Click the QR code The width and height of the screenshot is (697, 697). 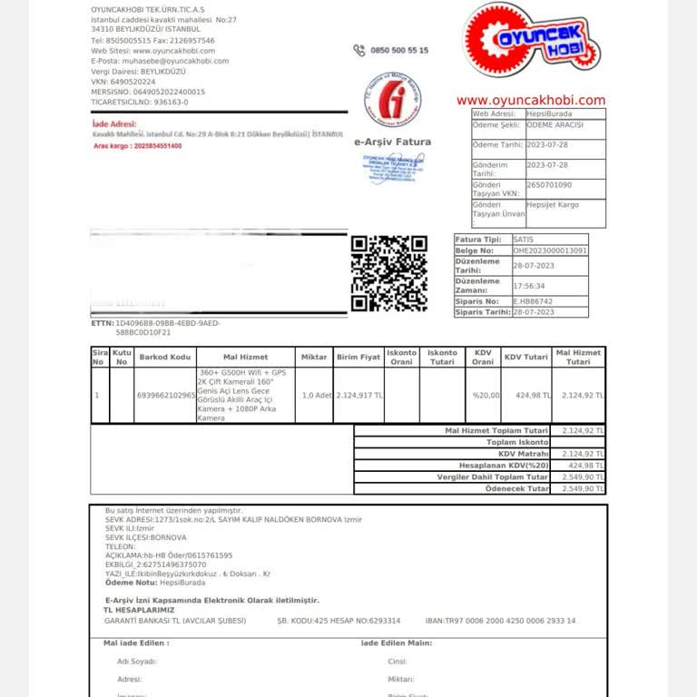tap(388, 273)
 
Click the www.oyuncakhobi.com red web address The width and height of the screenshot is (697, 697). tap(530, 101)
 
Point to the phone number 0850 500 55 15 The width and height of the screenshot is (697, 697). tap(399, 51)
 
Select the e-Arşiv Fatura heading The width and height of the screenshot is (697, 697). tap(392, 142)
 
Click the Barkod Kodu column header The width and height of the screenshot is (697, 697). tap(165, 357)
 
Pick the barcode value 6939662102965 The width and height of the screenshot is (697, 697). tap(165, 396)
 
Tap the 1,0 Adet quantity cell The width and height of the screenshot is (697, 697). tap(314, 396)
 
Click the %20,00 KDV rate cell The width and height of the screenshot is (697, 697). tap(481, 396)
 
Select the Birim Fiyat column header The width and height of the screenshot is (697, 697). tap(358, 357)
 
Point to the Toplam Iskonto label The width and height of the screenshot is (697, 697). tap(517, 442)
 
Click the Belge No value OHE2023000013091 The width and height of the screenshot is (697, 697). tap(549, 250)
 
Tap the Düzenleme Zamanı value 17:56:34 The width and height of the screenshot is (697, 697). tap(530, 287)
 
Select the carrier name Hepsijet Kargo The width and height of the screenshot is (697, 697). tap(553, 205)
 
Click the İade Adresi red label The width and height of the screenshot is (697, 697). tap(114, 123)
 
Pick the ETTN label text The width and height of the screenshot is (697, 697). tap(102, 323)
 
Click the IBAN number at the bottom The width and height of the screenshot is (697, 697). tap(500, 621)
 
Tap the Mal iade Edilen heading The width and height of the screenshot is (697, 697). tap(136, 643)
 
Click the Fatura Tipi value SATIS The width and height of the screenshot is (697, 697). tap(524, 239)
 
